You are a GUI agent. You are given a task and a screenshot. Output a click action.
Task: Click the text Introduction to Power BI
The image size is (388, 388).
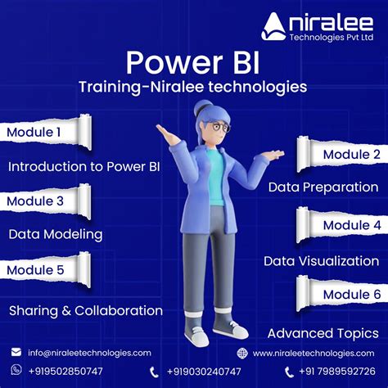point(83,167)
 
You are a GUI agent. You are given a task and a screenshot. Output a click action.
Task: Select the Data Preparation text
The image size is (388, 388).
point(323,187)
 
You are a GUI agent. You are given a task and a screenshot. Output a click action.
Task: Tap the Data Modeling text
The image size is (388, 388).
point(56,234)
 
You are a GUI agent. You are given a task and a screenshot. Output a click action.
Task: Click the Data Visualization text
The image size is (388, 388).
point(321,261)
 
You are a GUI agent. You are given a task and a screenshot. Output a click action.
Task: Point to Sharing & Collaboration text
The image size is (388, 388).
point(86,310)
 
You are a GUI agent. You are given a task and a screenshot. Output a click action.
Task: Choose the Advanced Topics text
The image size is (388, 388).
point(323,333)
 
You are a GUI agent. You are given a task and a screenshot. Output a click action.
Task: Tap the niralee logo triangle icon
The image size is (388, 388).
point(274,27)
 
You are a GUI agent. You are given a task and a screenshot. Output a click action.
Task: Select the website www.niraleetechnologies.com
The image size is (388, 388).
point(314,353)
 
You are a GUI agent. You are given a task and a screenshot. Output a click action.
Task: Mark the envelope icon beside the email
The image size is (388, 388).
point(16,352)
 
